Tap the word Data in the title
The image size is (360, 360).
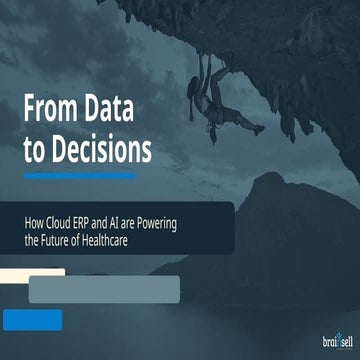tap(126, 108)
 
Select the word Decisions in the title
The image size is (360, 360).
tap(101, 150)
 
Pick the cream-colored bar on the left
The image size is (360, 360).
tap(33, 273)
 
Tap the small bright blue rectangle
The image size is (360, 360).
tap(32, 319)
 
